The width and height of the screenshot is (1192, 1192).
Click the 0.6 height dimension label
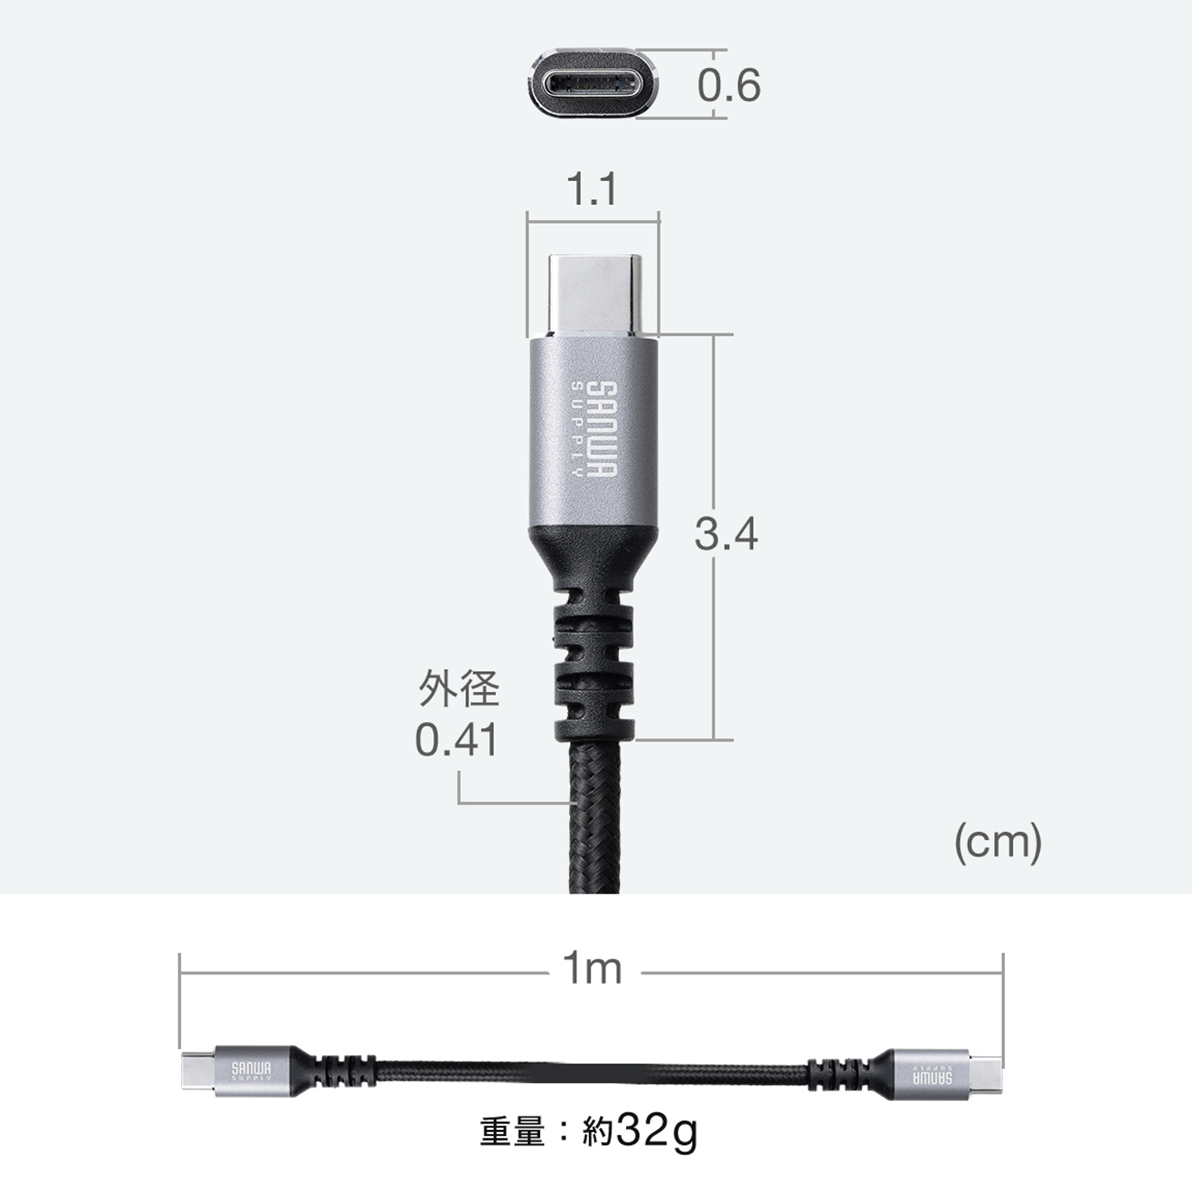729,85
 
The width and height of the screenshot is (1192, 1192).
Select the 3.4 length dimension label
726,534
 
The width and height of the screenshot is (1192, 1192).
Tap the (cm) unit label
998,843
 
